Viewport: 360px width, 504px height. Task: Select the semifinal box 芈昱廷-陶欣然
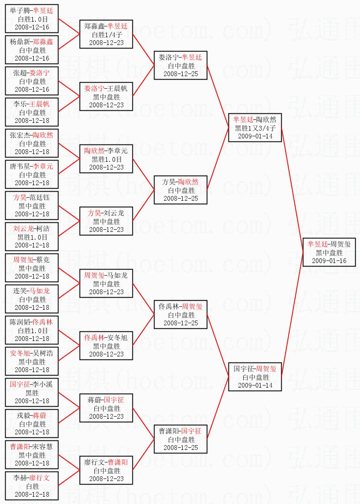tap(255, 128)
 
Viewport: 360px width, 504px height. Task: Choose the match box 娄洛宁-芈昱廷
tap(180, 65)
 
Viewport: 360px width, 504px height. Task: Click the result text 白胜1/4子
tap(106, 35)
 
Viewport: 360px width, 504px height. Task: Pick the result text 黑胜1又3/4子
tap(255, 128)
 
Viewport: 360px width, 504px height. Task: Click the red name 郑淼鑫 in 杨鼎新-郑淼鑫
tap(43, 42)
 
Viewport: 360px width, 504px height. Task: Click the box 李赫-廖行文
tap(32, 486)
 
